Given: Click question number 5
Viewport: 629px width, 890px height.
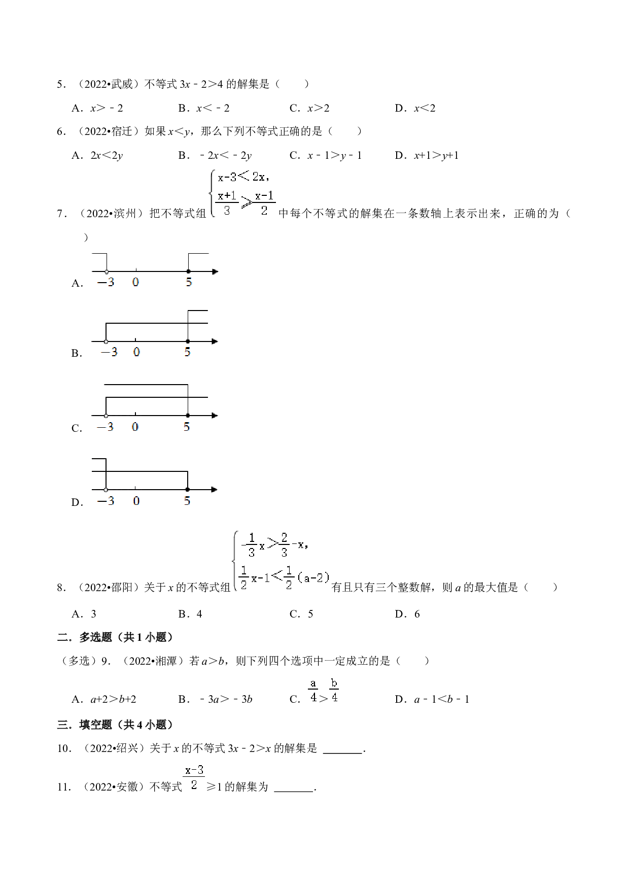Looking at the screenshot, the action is coord(61,84).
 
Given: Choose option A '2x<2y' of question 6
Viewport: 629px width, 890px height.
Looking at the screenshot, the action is coord(97,155).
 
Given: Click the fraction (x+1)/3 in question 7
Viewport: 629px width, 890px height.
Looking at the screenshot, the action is coord(227,202).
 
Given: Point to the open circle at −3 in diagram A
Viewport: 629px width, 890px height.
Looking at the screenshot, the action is coord(107,272).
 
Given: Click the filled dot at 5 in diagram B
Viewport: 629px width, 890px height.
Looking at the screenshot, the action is coord(188,341).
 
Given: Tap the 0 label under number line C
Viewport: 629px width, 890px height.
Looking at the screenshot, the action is coord(135,427).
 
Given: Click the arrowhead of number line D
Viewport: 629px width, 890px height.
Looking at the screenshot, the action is coord(215,490).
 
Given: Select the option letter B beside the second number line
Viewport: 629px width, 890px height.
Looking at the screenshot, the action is coord(76,353).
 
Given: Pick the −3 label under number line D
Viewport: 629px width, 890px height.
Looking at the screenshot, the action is coord(106,501).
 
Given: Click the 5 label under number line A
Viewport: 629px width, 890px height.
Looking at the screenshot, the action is coord(189,282).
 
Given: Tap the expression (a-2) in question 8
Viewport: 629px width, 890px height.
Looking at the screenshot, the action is coord(313,577).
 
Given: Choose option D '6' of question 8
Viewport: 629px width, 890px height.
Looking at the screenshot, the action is coord(407,614).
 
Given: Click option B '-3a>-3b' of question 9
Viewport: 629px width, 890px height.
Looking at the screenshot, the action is coord(215,699).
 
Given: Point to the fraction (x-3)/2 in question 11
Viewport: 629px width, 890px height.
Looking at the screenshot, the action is coord(194,777).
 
